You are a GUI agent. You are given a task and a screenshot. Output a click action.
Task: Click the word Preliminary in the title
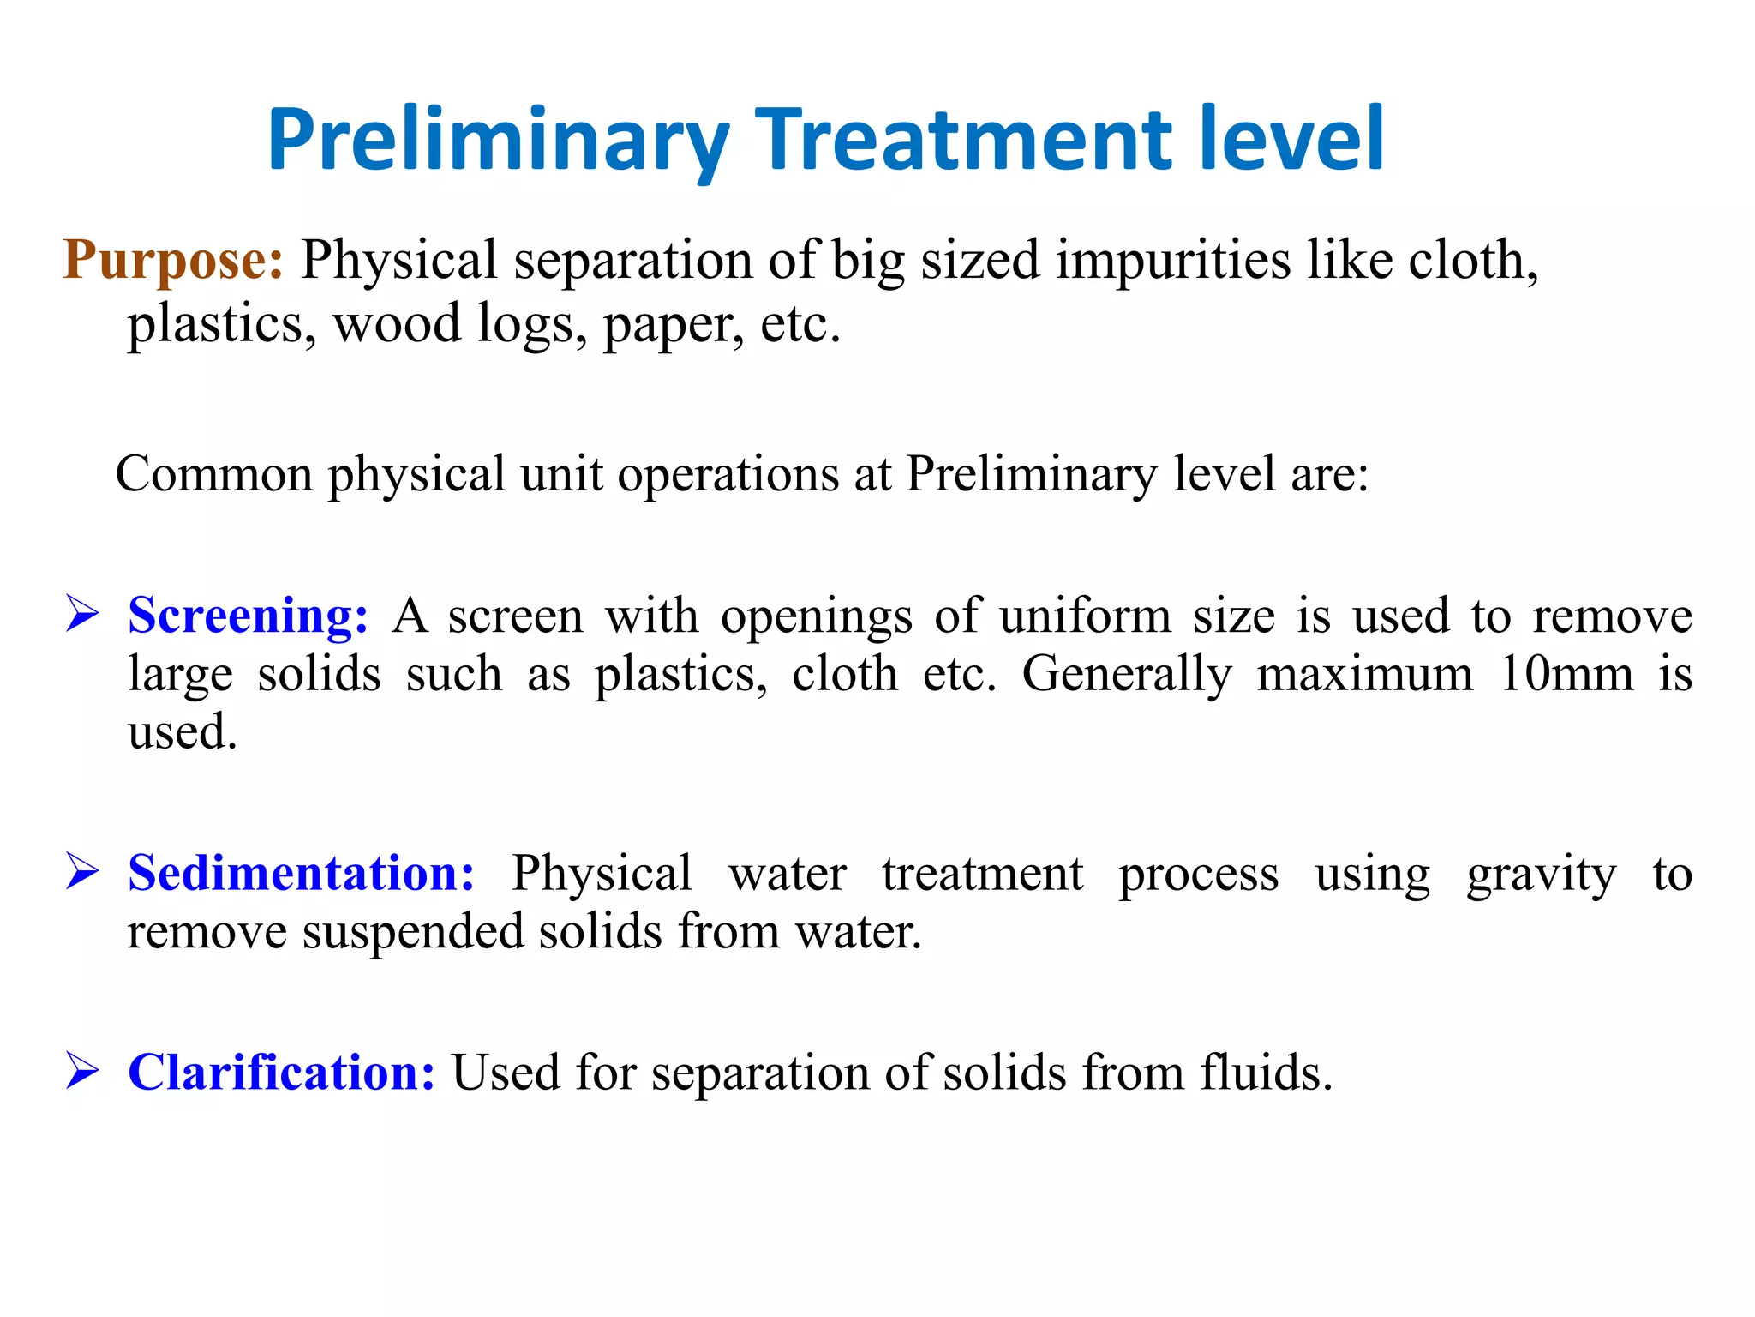498,140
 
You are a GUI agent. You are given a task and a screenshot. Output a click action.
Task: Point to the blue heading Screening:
248,616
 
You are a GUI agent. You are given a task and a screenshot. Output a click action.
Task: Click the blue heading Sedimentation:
301,874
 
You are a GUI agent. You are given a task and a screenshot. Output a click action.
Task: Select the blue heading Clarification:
281,1073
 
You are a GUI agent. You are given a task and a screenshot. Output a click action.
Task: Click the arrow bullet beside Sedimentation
82,874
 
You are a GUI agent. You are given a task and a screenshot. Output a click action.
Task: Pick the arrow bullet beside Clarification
82,1073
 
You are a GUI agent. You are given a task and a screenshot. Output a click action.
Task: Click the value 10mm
1566,674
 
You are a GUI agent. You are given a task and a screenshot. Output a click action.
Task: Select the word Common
214,474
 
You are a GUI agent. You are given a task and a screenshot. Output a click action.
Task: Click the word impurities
1173,261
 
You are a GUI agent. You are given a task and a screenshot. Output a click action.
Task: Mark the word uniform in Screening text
1085,616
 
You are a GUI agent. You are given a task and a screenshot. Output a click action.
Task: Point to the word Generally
1127,676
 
